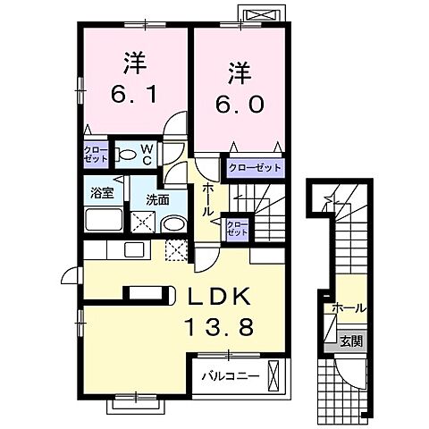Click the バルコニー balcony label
(x=229, y=376)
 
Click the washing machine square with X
(x=145, y=222)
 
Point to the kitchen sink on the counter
(x=135, y=249)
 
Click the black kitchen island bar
(x=142, y=290)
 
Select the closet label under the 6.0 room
(x=254, y=167)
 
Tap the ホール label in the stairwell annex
(x=348, y=308)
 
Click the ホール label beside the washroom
(x=207, y=199)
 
